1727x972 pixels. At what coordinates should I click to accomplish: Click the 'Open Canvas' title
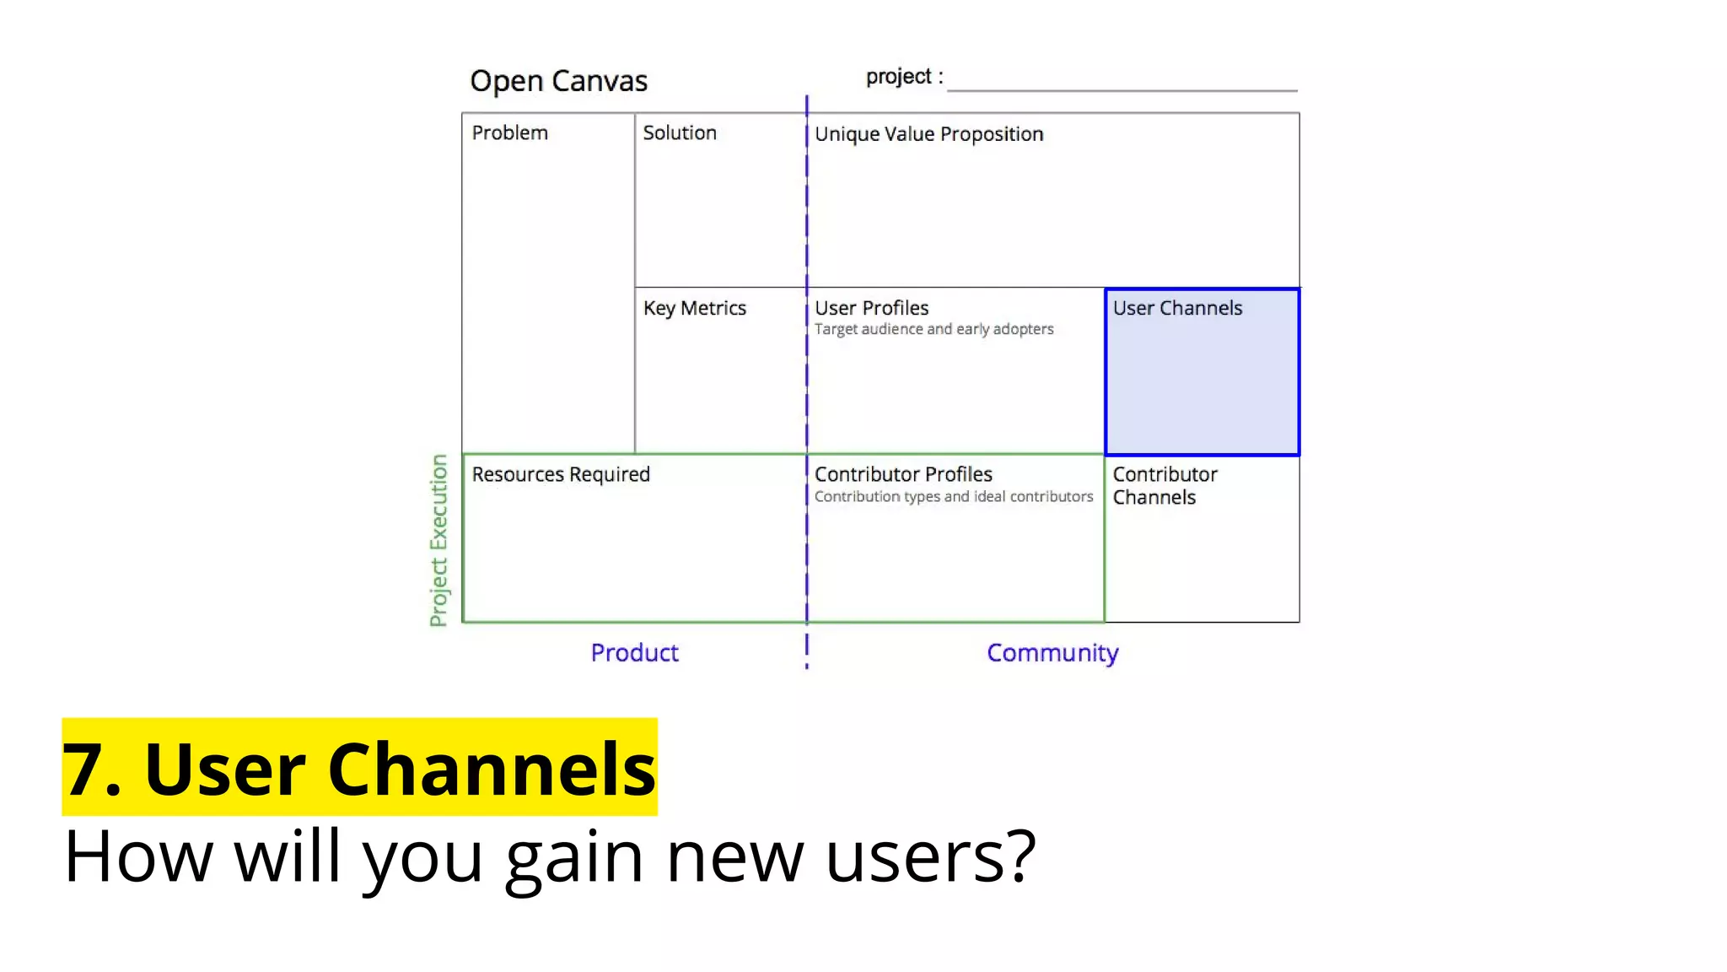[558, 81]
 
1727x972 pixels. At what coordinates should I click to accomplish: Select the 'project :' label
[904, 77]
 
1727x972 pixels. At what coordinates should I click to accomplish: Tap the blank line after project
[1122, 84]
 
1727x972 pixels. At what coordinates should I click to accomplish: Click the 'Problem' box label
[509, 133]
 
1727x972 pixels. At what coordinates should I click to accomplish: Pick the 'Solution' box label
[679, 133]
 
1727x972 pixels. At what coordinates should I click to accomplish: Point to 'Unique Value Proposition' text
[928, 134]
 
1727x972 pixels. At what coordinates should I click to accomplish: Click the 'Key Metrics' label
[694, 309]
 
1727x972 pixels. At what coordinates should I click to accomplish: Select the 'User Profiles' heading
[871, 308]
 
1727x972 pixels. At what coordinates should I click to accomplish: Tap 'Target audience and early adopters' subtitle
[933, 329]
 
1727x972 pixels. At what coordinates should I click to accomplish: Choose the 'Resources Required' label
[561, 474]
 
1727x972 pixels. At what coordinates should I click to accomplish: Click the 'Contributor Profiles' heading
[903, 474]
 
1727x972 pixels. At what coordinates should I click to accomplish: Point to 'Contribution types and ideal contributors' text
[953, 497]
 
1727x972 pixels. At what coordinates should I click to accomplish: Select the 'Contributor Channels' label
[1164, 486]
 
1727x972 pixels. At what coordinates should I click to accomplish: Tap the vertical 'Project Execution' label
[438, 540]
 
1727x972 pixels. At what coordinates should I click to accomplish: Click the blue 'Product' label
[634, 653]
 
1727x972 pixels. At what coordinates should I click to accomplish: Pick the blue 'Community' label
[1052, 653]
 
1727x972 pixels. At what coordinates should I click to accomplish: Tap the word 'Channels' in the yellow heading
[491, 769]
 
